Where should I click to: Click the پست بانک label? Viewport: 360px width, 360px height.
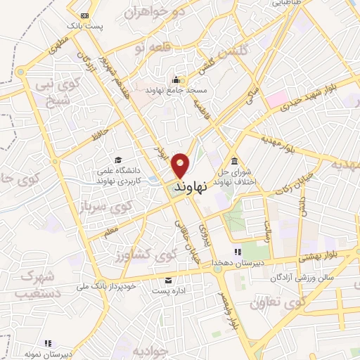pyautogui.click(x=84, y=25)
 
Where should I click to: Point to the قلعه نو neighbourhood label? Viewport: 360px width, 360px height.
pyautogui.click(x=148, y=46)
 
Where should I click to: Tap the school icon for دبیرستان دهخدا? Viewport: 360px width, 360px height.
pyautogui.click(x=238, y=251)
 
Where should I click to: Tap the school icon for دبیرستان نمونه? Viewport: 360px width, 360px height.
pyautogui.click(x=47, y=343)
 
